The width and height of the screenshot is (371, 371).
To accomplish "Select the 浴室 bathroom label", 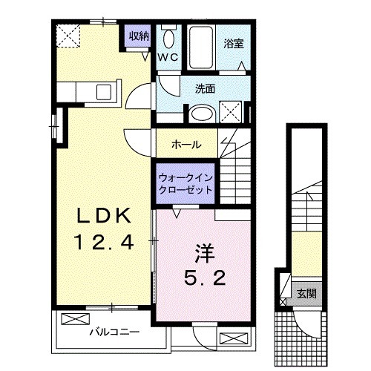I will tap(234, 43).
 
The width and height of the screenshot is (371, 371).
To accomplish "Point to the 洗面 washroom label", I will tap(205, 88).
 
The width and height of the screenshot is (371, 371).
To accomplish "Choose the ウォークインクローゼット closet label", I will tap(185, 183).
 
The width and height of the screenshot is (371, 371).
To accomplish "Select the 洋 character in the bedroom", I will tap(203, 253).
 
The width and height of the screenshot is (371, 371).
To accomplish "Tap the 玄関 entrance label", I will tap(304, 292).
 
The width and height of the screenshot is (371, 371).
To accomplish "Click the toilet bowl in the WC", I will tap(168, 38).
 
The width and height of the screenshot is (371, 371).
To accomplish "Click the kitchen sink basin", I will tap(104, 93).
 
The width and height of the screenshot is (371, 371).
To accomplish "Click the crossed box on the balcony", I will tap(74, 320).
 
